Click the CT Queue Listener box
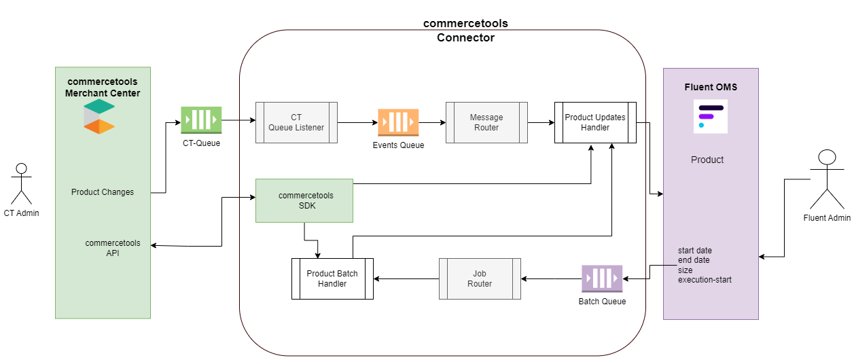point(296,122)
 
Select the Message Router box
point(486,122)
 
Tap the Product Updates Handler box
point(595,122)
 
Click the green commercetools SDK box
point(304,200)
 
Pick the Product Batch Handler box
point(332,278)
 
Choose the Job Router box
point(480,278)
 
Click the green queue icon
point(201,120)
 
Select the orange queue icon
point(398,122)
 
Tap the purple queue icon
point(602,278)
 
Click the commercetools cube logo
point(99,116)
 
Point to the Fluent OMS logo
point(711,116)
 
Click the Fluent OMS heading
point(711,87)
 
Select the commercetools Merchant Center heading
point(103,87)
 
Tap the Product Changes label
point(103,192)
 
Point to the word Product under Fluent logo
point(707,160)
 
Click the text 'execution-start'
point(705,280)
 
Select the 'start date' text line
point(695,251)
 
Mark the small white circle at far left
point(21,168)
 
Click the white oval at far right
point(827,157)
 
